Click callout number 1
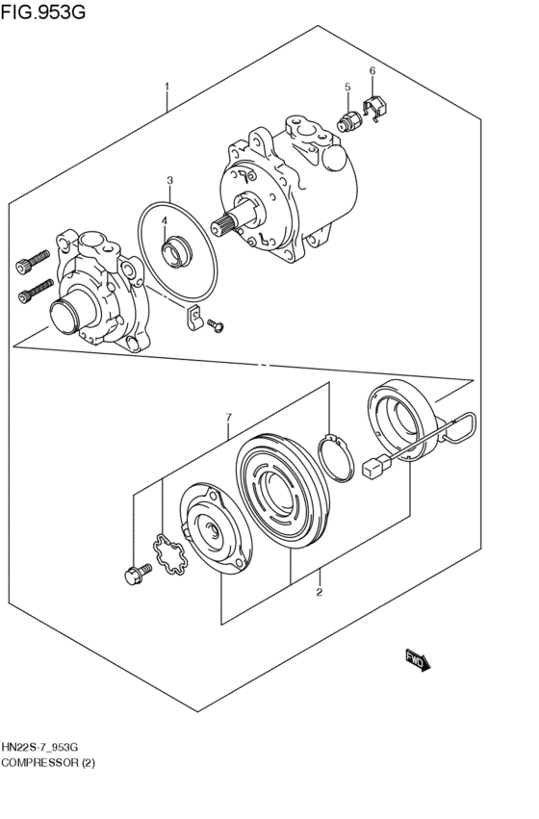(x=167, y=87)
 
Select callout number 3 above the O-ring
(x=169, y=180)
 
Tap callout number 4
(x=165, y=220)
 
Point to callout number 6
(x=372, y=71)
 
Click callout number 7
(x=228, y=417)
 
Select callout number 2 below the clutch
(x=319, y=592)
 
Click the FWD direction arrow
(x=418, y=659)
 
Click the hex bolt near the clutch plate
(x=136, y=575)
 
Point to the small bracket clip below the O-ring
(x=193, y=317)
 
